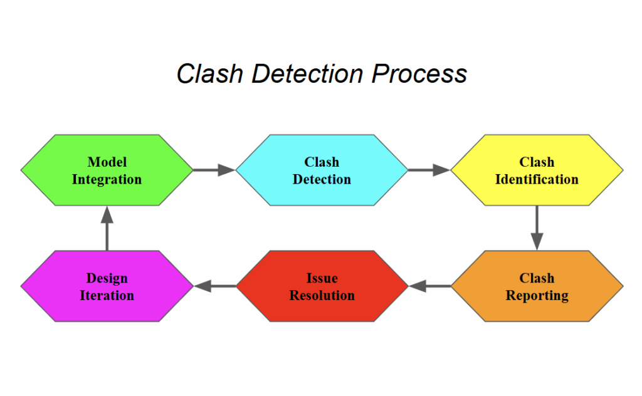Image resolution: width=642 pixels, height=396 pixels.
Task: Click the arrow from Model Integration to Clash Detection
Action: pos(214,169)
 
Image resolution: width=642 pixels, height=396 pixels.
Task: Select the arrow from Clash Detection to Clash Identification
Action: pos(429,169)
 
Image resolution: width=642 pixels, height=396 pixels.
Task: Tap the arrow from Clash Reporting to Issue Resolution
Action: pos(430,286)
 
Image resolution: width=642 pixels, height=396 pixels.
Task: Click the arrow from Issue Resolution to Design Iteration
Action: pos(215,286)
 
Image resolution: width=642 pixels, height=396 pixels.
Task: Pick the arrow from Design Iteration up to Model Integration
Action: pos(107,228)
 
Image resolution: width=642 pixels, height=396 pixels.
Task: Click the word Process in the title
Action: pos(419,74)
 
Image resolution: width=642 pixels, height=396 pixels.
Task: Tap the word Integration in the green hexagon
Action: pos(107,179)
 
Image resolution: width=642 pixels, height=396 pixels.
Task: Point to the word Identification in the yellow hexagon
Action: pos(537,179)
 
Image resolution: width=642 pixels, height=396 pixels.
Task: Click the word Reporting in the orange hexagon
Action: pos(537,296)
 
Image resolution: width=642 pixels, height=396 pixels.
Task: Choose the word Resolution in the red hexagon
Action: pos(322,296)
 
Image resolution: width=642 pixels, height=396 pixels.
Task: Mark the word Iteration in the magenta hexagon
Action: pos(107,296)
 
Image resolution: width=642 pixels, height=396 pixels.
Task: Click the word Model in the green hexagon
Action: pos(107,162)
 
